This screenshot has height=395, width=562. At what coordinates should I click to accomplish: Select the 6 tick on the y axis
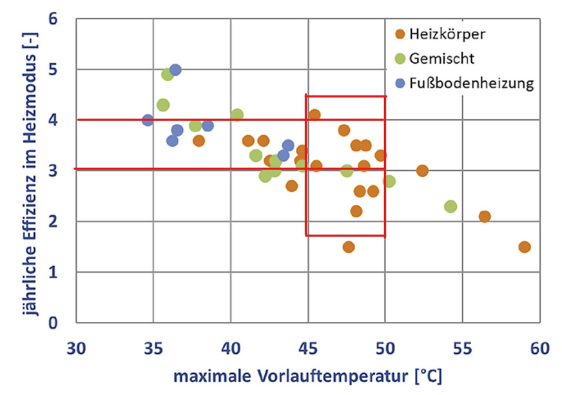click(54, 19)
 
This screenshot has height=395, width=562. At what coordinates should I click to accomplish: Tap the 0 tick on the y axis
click(54, 323)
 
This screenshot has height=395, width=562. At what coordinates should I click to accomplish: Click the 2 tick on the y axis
click(54, 222)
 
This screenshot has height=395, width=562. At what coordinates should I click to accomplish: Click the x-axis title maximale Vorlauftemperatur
click(307, 375)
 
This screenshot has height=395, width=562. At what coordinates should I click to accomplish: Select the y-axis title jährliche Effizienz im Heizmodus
click(26, 171)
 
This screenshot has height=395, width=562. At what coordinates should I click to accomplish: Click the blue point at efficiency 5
click(175, 70)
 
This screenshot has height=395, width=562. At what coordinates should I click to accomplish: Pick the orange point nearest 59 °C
click(524, 247)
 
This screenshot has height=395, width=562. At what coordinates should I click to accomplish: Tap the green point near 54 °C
click(451, 206)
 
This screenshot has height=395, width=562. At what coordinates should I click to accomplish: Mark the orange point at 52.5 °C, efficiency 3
click(422, 171)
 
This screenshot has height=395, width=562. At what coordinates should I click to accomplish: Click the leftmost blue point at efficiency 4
click(148, 120)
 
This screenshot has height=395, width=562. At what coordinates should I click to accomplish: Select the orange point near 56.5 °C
click(485, 217)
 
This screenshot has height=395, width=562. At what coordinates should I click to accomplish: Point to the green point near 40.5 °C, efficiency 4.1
click(237, 115)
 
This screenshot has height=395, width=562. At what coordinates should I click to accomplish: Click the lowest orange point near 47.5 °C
click(349, 247)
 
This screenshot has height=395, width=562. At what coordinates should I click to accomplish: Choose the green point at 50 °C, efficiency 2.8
click(389, 181)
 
